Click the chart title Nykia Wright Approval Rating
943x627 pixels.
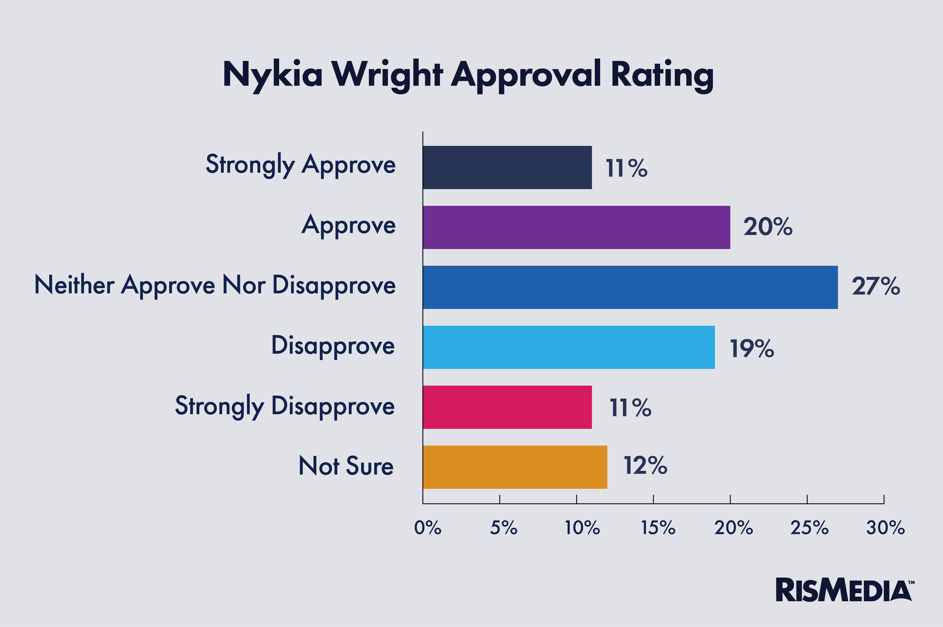click(468, 75)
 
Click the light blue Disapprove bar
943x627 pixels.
click(568, 347)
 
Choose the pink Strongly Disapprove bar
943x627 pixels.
click(507, 407)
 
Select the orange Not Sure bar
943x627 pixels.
click(515, 467)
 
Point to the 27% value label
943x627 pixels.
click(876, 286)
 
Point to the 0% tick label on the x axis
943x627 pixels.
click(427, 528)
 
